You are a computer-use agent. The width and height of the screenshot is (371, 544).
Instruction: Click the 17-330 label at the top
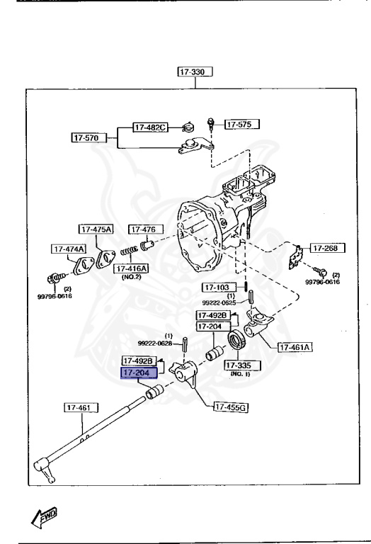[x=195, y=72]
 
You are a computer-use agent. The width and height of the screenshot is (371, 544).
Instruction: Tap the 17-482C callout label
[x=150, y=127]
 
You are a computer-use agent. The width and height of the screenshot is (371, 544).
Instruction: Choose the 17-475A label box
[x=96, y=229]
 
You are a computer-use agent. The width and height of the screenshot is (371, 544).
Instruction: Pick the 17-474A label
[x=68, y=249]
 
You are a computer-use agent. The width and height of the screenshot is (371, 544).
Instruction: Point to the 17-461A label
[x=296, y=347]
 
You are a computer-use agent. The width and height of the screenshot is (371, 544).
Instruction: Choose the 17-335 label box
[x=242, y=365]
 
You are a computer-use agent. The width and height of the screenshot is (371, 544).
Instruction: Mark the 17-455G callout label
[x=234, y=407]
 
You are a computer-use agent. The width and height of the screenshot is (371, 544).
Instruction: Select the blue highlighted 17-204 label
[x=139, y=373]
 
